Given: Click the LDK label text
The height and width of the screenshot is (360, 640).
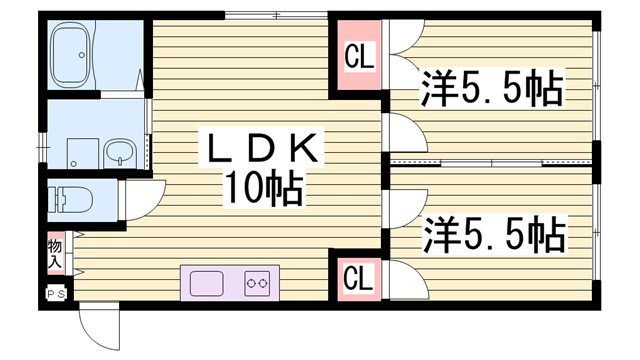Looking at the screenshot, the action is [x=264, y=148].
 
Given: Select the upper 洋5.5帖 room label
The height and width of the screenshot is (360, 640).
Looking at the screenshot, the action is [x=490, y=90].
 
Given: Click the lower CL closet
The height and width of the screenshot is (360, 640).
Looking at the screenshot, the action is [x=358, y=276].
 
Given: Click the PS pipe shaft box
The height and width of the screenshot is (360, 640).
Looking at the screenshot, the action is [x=56, y=294].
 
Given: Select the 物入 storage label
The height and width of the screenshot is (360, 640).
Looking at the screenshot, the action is [x=55, y=254].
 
